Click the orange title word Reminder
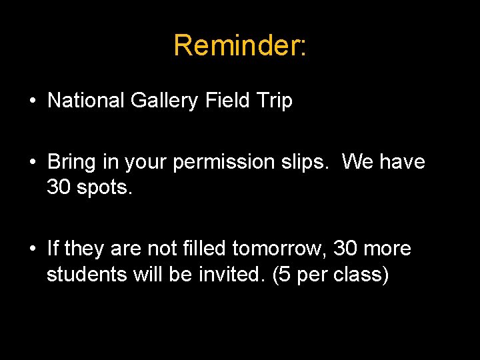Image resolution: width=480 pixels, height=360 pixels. tap(237, 45)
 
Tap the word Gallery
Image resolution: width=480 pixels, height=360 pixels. tap(164, 101)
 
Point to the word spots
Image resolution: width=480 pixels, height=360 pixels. tap(105, 188)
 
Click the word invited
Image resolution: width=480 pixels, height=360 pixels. tap(230, 274)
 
